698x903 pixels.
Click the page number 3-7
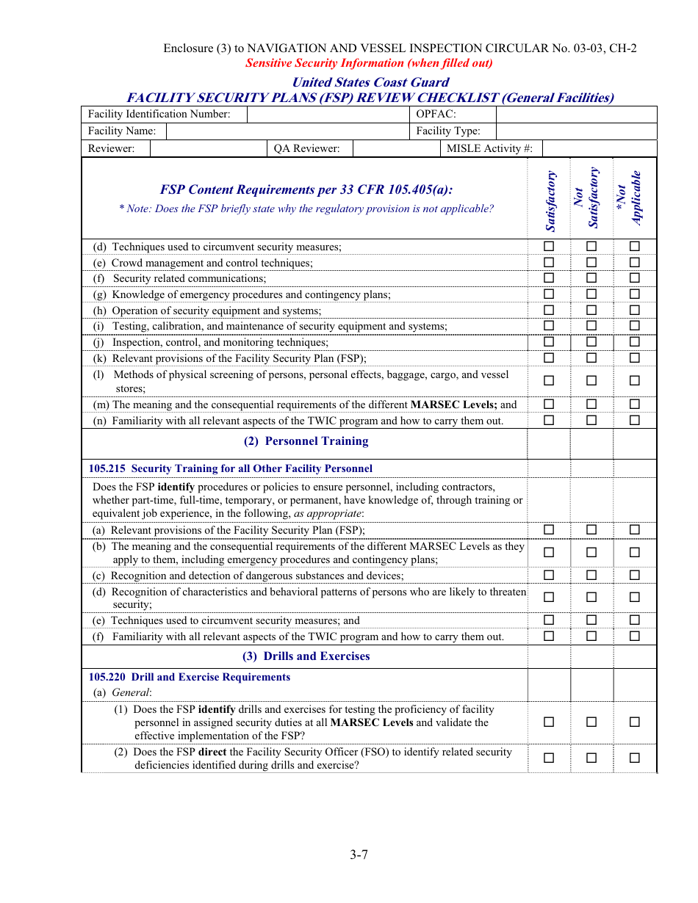pos(359,855)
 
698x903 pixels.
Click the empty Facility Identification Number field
pos(328,115)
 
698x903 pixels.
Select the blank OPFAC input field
pos(576,115)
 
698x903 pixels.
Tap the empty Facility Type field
pos(576,131)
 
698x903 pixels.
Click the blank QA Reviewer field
pos(395,149)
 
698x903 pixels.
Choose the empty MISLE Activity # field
pos(599,149)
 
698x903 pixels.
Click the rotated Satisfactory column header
pos(550,200)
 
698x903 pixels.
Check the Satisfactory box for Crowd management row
pos(549,262)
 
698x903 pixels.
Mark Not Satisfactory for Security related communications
pos(591,278)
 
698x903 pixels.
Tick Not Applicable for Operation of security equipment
pos(635,311)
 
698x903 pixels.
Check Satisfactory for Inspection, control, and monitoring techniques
pos(549,342)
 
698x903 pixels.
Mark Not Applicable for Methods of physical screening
pos(635,381)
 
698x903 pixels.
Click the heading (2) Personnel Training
pos(306,441)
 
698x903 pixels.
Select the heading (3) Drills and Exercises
pos(306,656)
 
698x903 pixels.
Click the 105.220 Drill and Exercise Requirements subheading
pos(190,678)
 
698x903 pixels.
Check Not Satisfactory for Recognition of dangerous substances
pos(591,576)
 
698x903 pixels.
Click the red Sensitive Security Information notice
pos(369,63)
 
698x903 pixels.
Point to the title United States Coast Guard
pos(370,82)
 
